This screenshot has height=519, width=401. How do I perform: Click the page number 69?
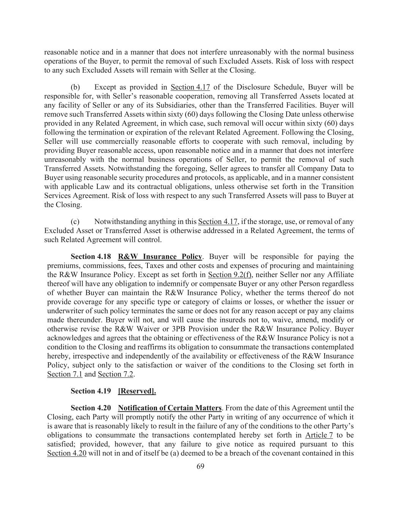200,467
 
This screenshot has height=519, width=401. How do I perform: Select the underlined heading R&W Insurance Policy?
160,257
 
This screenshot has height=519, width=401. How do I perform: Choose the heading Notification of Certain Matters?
170,408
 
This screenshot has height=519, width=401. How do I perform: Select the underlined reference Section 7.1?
65,374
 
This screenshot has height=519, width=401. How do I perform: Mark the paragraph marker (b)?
75,87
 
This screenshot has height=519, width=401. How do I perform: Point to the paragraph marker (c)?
75,221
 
